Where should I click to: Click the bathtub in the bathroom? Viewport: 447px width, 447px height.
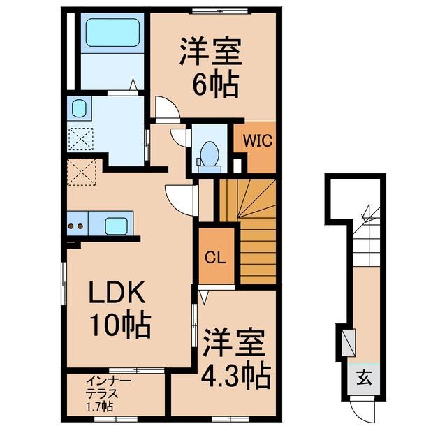pyautogui.click(x=112, y=33)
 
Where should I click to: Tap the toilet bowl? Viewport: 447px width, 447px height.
pyautogui.click(x=210, y=154)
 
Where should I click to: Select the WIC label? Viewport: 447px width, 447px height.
pyautogui.click(x=258, y=140)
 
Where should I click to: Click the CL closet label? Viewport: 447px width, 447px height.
pyautogui.click(x=216, y=258)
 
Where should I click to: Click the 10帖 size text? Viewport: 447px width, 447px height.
pyautogui.click(x=120, y=326)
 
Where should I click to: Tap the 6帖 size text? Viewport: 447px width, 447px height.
pyautogui.click(x=216, y=82)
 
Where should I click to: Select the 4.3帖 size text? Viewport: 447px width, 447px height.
pyautogui.click(x=235, y=375)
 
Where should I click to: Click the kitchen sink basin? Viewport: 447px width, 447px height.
pyautogui.click(x=116, y=226)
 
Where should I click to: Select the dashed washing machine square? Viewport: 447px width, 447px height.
pyautogui.click(x=80, y=140)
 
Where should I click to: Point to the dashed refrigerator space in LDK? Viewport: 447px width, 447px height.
pyautogui.click(x=82, y=173)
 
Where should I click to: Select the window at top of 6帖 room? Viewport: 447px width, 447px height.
pyautogui.click(x=220, y=10)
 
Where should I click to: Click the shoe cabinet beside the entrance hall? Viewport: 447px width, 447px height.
pyautogui.click(x=349, y=342)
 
